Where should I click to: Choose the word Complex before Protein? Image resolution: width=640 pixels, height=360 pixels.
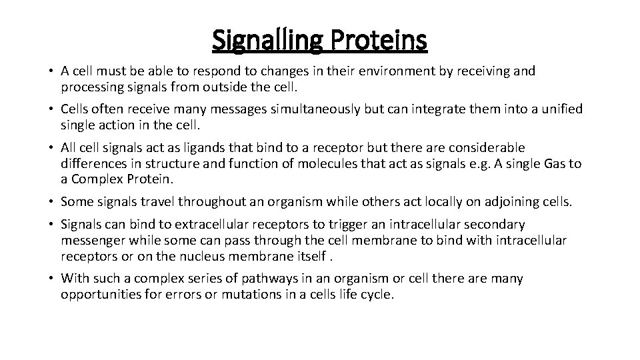[x=101, y=179]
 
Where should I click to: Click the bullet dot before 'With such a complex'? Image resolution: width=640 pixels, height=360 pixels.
[x=51, y=279]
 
